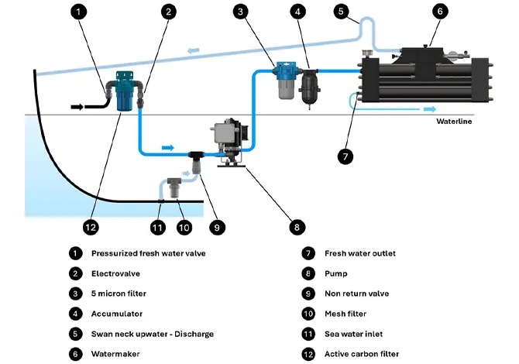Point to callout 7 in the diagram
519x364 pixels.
[346, 154]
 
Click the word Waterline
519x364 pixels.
[452, 122]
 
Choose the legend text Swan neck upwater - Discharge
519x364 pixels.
[152, 334]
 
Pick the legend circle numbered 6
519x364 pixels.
[75, 354]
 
